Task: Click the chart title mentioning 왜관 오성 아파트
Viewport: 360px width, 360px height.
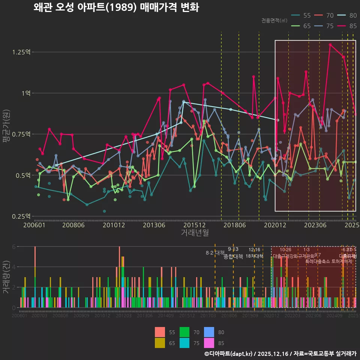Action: click(116, 7)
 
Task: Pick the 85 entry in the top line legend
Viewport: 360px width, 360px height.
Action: click(347, 26)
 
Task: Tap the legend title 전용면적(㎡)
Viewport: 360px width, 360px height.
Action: click(274, 20)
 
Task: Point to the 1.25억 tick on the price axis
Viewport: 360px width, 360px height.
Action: click(22, 52)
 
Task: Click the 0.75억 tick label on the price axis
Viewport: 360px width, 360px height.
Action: click(22, 134)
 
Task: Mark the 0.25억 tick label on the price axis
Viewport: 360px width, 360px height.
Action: click(22, 216)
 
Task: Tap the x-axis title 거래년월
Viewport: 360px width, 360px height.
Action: click(195, 232)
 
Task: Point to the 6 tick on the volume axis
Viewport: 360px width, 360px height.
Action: click(13, 247)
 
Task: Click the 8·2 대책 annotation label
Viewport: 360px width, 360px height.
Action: click(215, 253)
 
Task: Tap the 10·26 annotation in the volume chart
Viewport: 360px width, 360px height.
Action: click(285, 250)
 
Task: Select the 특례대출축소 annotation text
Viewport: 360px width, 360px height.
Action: click(318, 261)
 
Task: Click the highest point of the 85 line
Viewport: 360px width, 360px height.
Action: click(330, 45)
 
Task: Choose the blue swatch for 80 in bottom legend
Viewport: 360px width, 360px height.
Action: click(209, 332)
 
